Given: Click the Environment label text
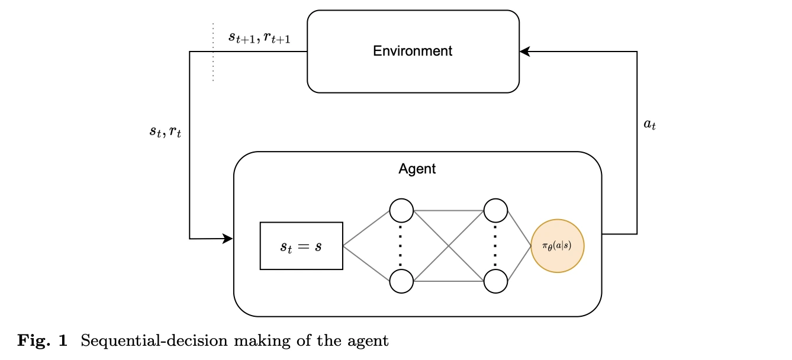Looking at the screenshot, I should [413, 51].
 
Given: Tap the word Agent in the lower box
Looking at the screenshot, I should [417, 169].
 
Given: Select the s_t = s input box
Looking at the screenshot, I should [301, 246].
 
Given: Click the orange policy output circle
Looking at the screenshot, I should [558, 246].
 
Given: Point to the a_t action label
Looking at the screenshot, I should [649, 126].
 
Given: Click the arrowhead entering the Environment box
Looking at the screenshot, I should [524, 52].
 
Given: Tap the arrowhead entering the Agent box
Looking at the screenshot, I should [228, 239].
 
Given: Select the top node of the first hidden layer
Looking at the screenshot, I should [401, 210].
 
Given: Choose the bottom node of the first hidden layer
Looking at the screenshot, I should [401, 281].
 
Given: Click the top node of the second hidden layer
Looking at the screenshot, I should [495, 210].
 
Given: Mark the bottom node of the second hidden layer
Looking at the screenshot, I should [495, 281].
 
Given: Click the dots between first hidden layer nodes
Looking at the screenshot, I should [401, 246].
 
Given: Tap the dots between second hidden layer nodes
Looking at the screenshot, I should [495, 246].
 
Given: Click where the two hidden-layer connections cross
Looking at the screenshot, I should [448, 246].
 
